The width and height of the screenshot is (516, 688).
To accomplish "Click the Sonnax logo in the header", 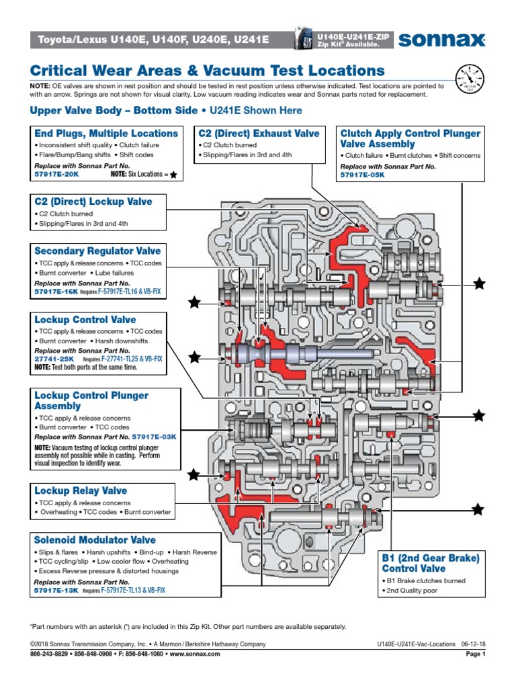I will point(441,40).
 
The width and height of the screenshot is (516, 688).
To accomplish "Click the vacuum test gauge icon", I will point(469,79).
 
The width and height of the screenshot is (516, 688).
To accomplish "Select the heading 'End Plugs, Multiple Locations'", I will point(106,133).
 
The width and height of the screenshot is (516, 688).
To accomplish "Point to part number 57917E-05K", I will point(363,174).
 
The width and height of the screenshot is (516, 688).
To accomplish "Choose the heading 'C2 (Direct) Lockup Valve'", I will point(93,202).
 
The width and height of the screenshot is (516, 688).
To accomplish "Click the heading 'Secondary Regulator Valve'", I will point(97,251).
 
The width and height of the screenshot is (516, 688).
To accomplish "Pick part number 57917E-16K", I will point(56,292).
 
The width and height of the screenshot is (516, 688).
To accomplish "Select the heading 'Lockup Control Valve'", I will point(85,320).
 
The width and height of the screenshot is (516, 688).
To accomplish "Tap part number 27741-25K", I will point(54,359).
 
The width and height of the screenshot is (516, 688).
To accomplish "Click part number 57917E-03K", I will point(154,436).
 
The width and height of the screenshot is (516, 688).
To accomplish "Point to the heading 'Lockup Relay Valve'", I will point(81,490).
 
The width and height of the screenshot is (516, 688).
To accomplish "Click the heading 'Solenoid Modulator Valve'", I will point(95,540).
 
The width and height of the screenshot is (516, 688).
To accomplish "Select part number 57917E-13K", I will point(56,590).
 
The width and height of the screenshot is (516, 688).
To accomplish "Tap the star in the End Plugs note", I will point(173,175).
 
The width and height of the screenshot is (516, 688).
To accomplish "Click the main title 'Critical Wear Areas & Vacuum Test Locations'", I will point(208,71).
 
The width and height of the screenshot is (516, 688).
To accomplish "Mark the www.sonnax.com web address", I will point(198,653).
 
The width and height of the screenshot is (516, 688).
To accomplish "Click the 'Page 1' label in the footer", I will point(475,653).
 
